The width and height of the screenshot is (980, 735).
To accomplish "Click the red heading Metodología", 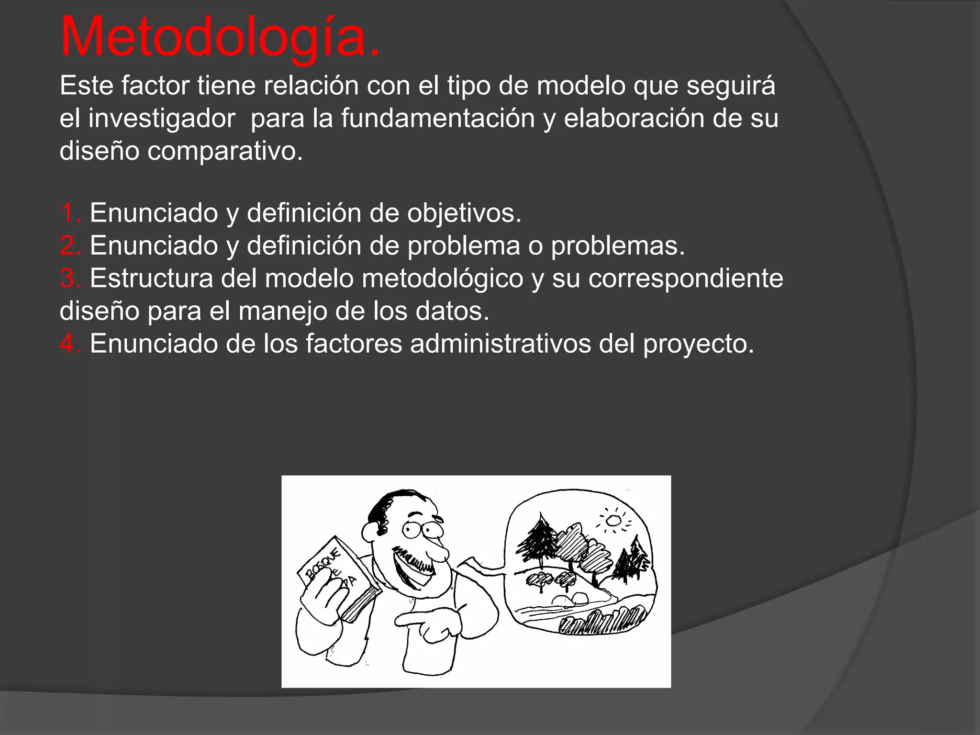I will (220, 37).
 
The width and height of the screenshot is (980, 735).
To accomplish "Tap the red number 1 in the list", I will (70, 212).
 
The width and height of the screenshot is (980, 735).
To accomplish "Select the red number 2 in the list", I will (70, 245).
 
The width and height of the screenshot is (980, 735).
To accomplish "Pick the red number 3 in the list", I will (70, 278).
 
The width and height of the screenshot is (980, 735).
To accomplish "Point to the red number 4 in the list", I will (70, 344).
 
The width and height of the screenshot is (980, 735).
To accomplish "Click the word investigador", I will (161, 118).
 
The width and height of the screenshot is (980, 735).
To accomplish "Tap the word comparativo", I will (225, 151).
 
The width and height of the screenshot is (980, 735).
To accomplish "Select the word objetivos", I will (464, 212).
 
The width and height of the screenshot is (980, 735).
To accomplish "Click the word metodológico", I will (443, 278).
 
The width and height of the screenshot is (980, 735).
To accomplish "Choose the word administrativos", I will (500, 344).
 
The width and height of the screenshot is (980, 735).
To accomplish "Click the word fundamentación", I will (437, 118).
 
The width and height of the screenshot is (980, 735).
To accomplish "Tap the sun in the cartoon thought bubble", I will (613, 520).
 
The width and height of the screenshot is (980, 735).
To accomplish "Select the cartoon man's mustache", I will (415, 560).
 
